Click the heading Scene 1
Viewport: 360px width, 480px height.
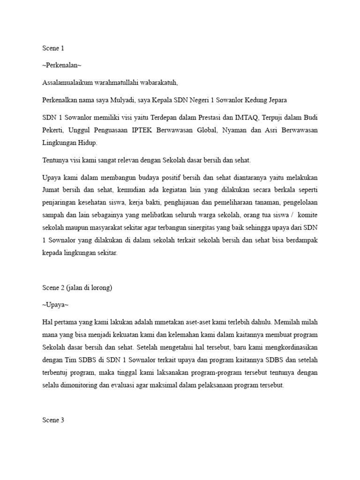[x=53, y=47]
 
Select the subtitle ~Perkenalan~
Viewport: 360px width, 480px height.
[x=58, y=65]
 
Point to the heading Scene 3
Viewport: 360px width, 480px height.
[x=53, y=407]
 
